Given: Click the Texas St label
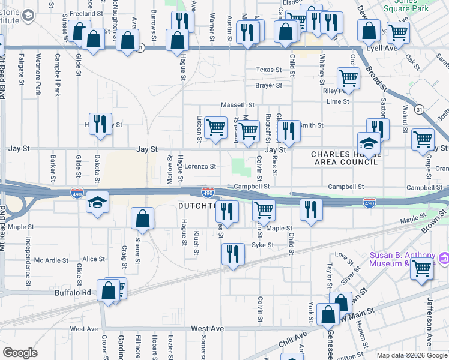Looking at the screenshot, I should point(268,70).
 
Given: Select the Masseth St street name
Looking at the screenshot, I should point(234,104).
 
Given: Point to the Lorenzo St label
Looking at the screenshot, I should point(200,166).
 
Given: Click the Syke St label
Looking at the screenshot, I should point(262,245).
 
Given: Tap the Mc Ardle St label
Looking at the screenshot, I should point(51,260).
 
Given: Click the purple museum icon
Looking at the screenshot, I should point(444,259).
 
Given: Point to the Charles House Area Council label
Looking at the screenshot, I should point(345,158).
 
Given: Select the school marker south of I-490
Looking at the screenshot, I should point(97,202).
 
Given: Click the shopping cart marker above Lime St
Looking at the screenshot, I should point(348,77).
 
